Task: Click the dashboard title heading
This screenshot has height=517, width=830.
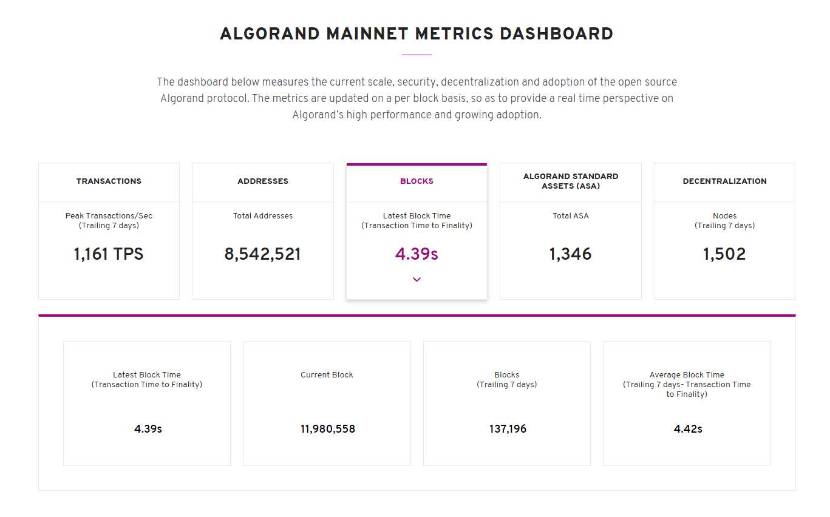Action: tap(417, 33)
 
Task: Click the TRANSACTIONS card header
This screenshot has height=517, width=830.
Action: tap(109, 181)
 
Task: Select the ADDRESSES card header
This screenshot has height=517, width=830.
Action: tap(263, 181)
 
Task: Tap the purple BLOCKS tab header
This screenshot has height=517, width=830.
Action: tap(417, 181)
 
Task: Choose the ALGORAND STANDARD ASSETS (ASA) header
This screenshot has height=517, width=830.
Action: tap(571, 181)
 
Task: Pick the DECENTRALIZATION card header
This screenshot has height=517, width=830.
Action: tap(724, 181)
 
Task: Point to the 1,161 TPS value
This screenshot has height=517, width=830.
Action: tap(109, 254)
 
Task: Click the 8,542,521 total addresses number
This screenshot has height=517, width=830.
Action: tap(263, 254)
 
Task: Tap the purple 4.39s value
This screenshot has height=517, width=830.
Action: tap(417, 254)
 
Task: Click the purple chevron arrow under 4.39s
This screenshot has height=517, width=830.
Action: tap(417, 280)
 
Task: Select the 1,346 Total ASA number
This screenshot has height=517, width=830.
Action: tap(571, 254)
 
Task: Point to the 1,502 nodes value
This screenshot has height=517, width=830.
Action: tap(724, 254)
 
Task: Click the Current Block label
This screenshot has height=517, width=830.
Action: tap(327, 374)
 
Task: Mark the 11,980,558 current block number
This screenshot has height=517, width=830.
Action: tap(328, 429)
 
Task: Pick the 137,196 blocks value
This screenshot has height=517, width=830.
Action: tap(508, 429)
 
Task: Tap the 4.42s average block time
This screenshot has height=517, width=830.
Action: tap(688, 429)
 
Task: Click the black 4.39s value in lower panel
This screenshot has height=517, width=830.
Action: tap(148, 429)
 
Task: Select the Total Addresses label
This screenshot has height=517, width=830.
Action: tap(263, 215)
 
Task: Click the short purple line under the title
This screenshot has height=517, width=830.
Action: tap(417, 55)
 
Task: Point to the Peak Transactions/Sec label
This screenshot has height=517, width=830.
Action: tap(109, 215)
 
